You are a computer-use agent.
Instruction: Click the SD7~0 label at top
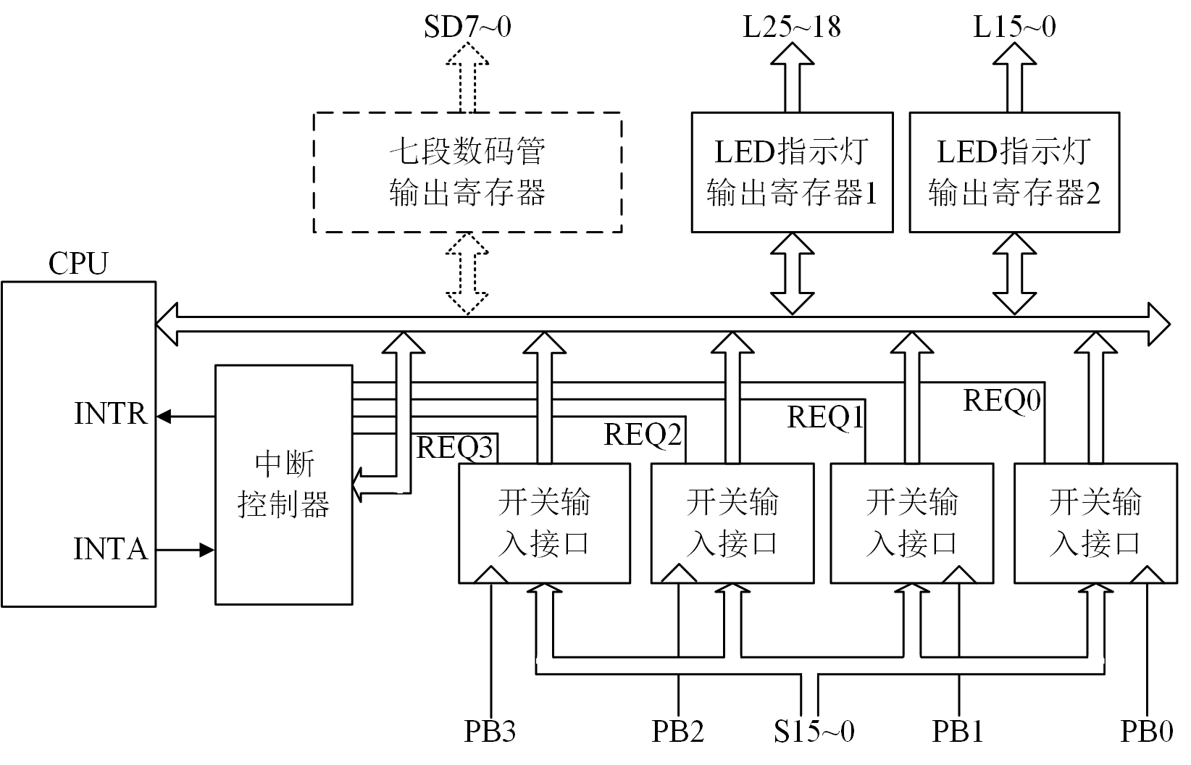tap(467, 27)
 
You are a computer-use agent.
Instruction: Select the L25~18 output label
tap(792, 27)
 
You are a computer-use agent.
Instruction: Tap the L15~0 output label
tap(1014, 27)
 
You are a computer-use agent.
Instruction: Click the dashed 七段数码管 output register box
tap(467, 172)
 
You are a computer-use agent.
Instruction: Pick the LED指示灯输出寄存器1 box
tap(792, 172)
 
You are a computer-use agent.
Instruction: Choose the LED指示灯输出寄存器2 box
tap(1014, 172)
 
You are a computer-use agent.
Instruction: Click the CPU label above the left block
tap(78, 264)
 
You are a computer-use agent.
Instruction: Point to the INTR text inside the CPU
tap(111, 414)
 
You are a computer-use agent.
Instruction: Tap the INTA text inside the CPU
tap(111, 549)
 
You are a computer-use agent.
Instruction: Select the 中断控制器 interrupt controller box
tap(284, 484)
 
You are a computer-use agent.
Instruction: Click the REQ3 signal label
tap(455, 448)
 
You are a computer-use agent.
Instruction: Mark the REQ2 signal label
tap(643, 435)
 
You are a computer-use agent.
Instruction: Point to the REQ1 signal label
tap(826, 417)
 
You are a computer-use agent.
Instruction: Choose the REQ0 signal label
tap(1002, 400)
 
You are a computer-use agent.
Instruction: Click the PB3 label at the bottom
tap(490, 732)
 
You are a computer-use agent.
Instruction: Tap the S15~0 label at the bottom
tap(814, 732)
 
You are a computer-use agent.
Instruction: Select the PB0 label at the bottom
tap(1147, 732)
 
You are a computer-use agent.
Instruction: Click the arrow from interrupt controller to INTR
tap(185, 417)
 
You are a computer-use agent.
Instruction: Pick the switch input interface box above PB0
tap(1095, 523)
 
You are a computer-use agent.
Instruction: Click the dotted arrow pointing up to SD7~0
tap(467, 76)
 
